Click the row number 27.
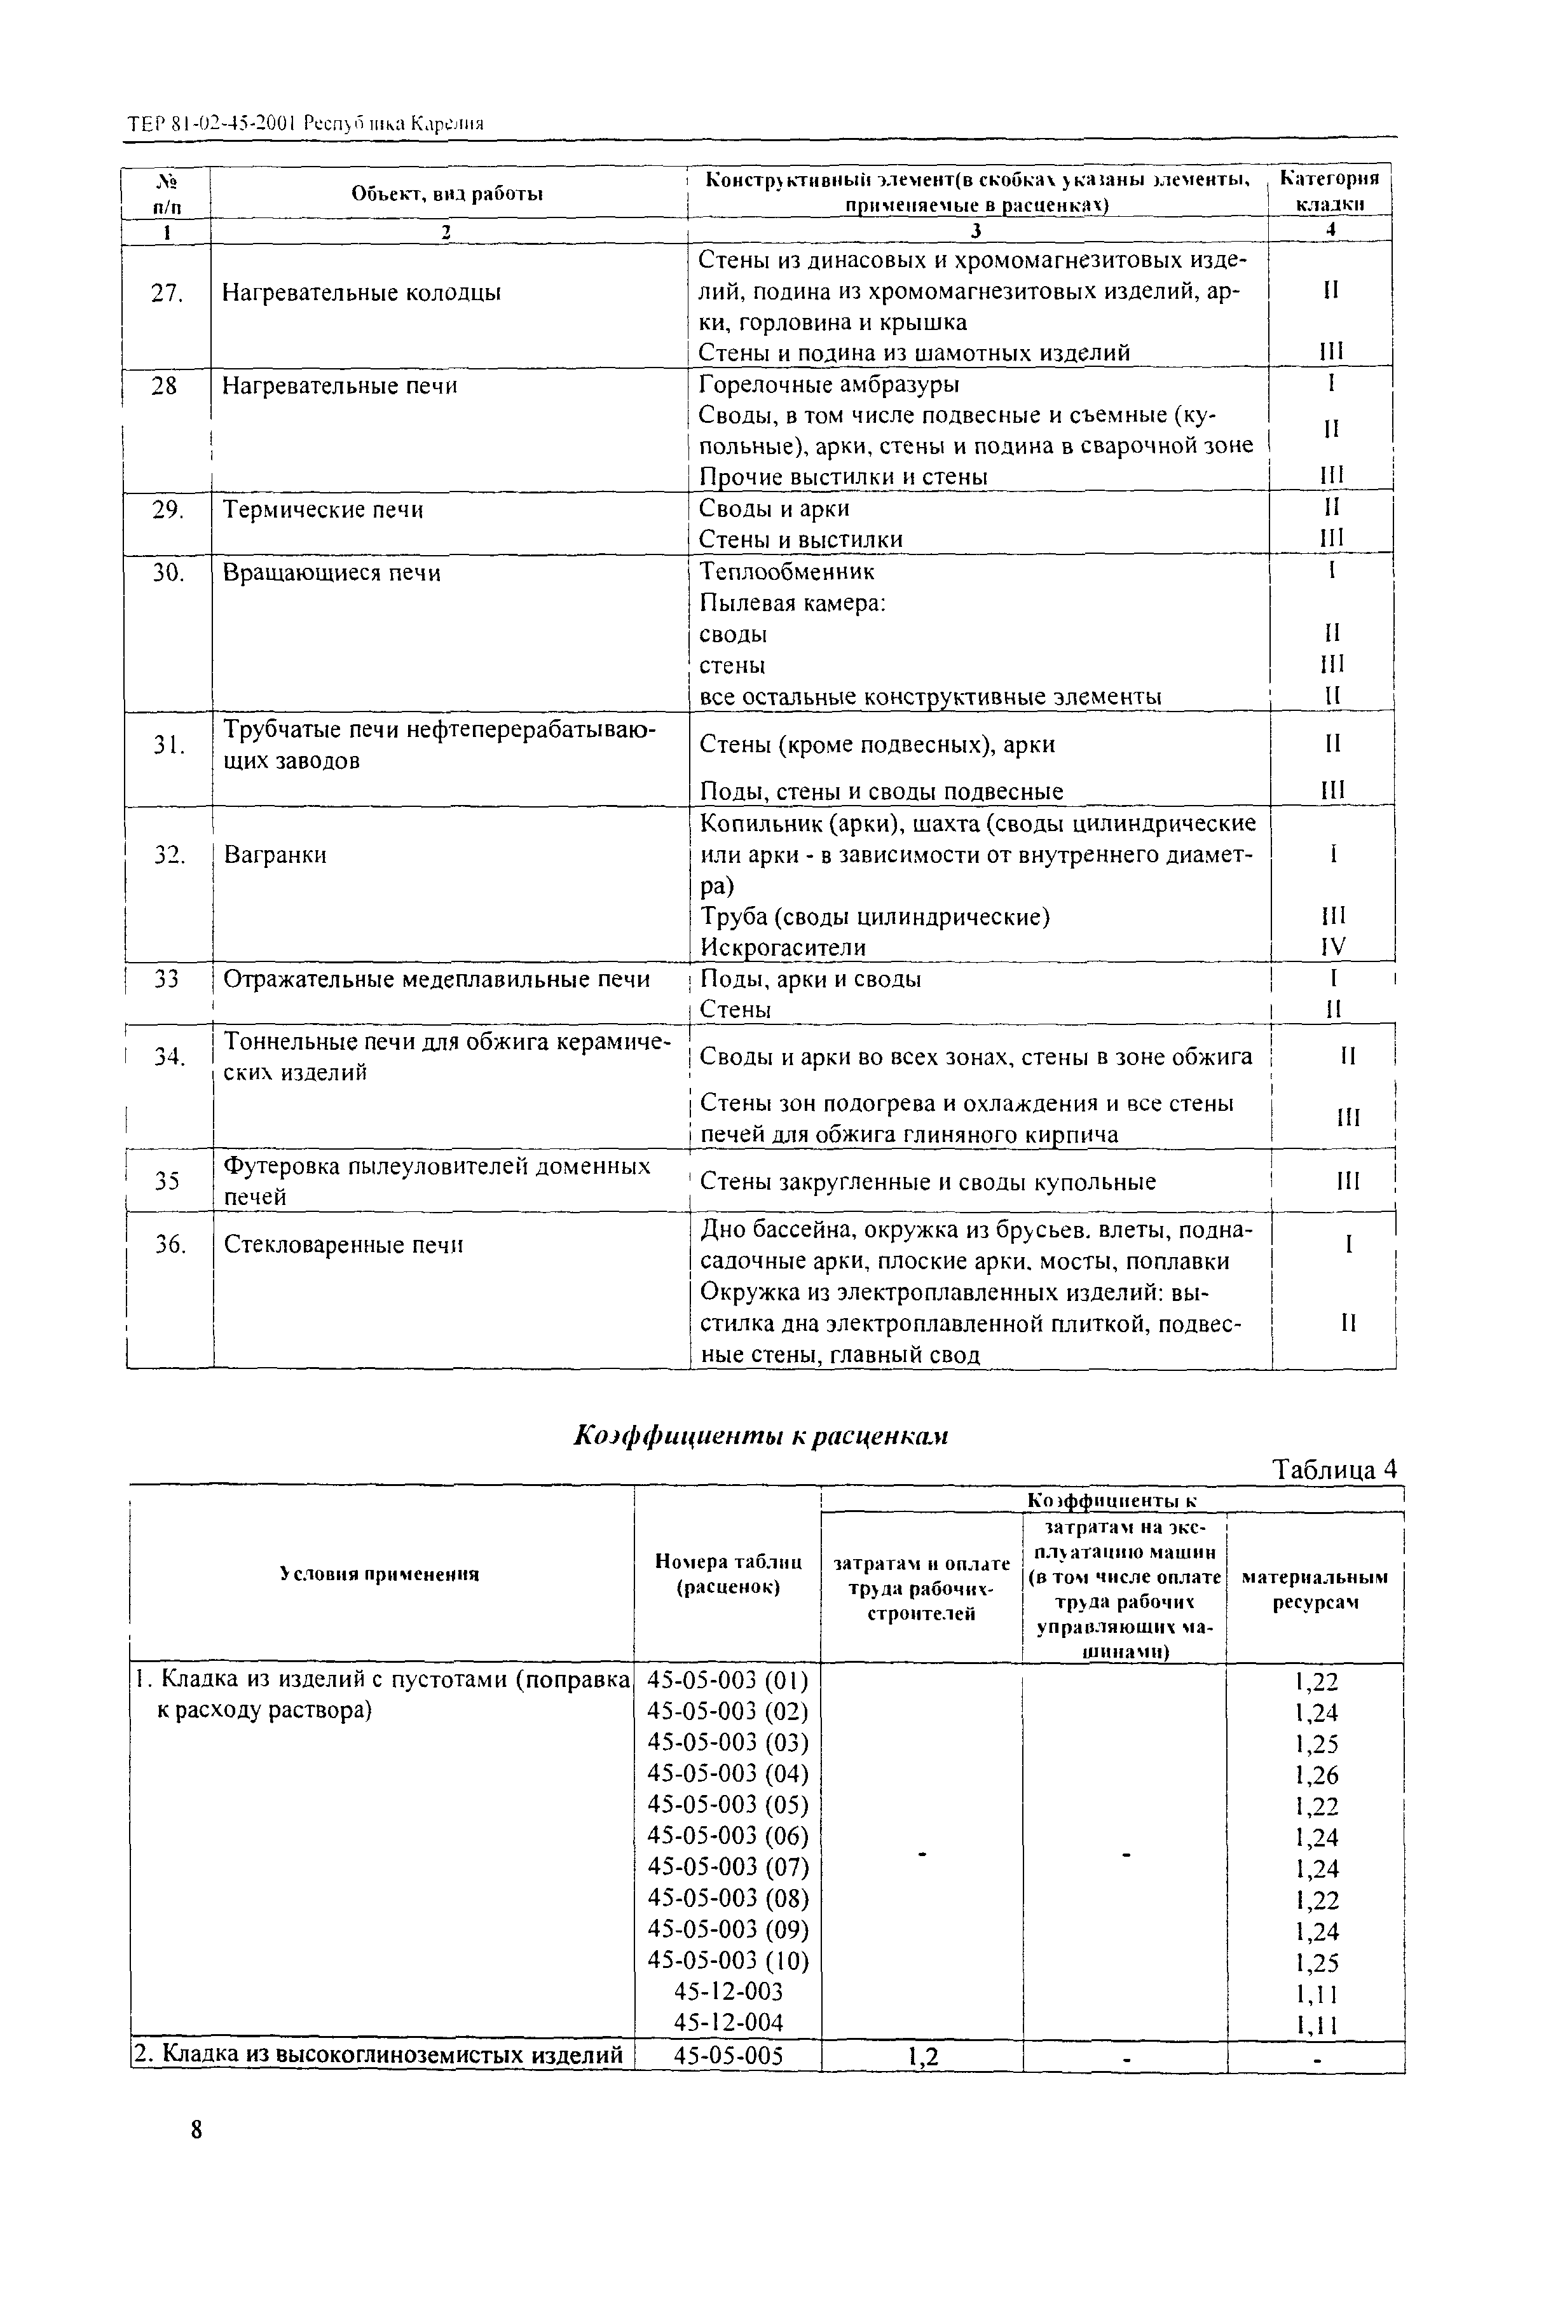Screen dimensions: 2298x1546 [167, 293]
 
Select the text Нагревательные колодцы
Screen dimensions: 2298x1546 [361, 293]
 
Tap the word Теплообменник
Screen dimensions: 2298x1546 [786, 572]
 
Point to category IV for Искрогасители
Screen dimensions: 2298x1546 [1333, 947]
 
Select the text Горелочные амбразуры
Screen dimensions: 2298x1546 [828, 383]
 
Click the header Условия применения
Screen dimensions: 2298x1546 [380, 1574]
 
